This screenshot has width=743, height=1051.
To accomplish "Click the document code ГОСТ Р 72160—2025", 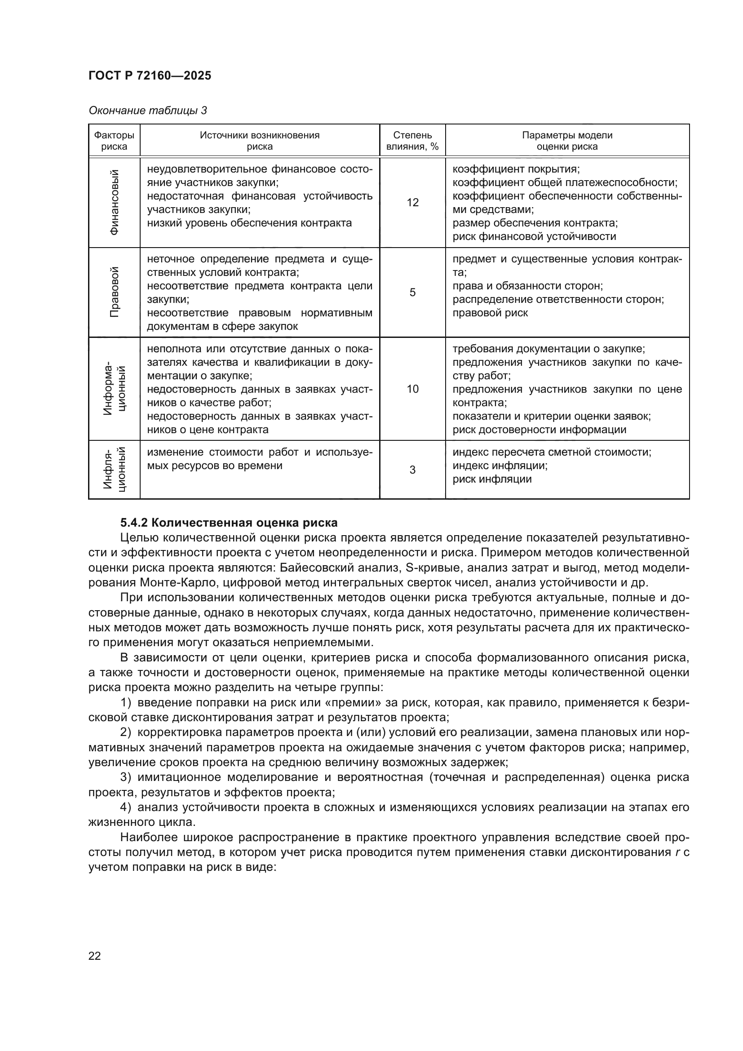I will [150, 75].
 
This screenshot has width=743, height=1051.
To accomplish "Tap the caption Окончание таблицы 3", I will [147, 111].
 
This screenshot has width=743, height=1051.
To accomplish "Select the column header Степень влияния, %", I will [412, 141].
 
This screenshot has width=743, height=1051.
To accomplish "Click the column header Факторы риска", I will [114, 141].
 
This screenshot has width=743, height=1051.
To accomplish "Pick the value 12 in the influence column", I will [412, 202].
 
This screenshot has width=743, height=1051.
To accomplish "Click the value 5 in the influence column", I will [412, 293].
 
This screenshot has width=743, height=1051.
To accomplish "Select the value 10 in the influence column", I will [412, 389].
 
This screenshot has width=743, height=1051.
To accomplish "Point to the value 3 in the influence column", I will [412, 470].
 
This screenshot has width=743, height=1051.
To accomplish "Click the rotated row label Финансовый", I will [115, 202].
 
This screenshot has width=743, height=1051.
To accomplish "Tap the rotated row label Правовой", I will [115, 292].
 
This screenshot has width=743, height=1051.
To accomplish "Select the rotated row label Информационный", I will [115, 389].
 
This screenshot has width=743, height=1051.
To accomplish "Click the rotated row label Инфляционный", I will [115, 470].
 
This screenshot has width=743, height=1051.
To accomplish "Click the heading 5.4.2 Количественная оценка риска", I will [229, 522].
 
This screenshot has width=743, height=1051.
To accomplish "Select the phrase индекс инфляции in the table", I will [500, 466].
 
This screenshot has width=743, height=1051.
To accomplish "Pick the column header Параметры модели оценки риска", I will [567, 141].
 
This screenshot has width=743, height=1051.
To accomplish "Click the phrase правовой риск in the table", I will [490, 313].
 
